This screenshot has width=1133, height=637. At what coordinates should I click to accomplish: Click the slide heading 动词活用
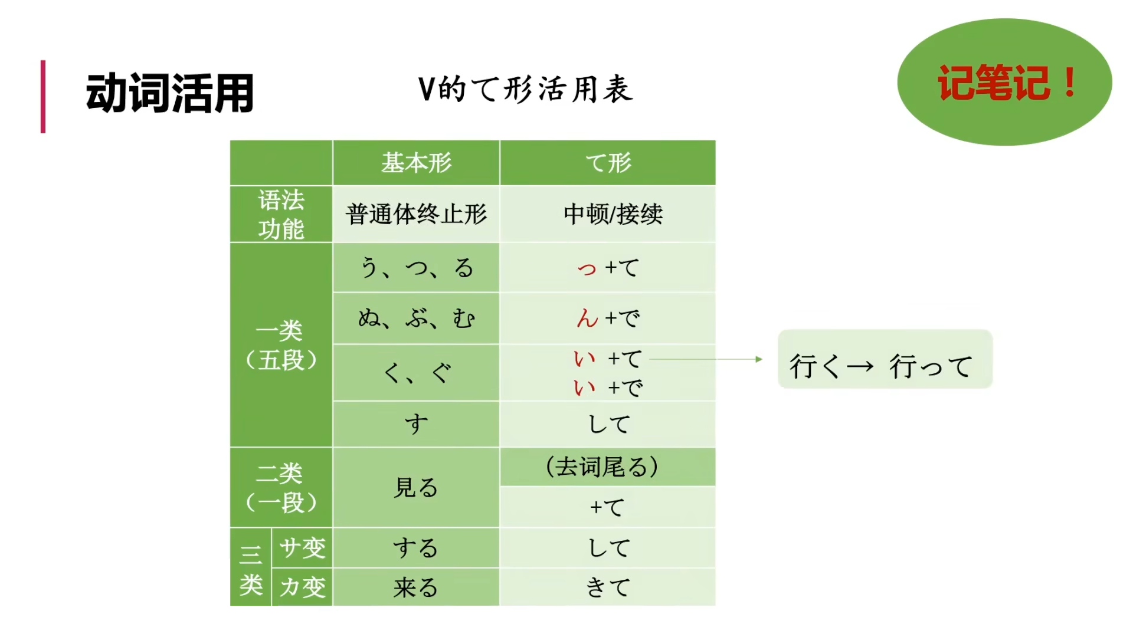pos(170,94)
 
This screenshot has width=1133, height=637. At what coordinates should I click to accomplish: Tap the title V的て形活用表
pos(525,90)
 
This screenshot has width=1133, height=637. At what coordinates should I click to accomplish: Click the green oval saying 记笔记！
pos(1004,82)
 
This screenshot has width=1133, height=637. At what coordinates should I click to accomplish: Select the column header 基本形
pos(416,163)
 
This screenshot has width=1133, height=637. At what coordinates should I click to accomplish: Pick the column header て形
pos(608,163)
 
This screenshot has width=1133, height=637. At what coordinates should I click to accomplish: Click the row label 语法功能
pos(281,214)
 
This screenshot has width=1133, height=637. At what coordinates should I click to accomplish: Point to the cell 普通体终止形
pos(416,214)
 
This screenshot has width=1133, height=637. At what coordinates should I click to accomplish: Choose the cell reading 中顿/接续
pos(613,214)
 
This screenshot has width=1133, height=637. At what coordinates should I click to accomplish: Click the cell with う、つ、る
pos(416,268)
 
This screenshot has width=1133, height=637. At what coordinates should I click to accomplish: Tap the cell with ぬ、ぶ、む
pos(416,318)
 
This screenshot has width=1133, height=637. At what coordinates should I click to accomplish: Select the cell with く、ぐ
pos(416,373)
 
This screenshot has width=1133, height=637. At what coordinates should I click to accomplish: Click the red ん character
pos(587,318)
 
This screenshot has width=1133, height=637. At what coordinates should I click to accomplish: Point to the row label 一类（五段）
pos(281,345)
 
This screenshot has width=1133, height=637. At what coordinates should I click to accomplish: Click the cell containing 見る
pos(416,488)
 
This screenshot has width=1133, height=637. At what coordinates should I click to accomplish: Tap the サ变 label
pos(302,547)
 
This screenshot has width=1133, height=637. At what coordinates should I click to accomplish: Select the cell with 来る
pos(416,587)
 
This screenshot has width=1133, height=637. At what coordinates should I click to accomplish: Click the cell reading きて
pos(608,587)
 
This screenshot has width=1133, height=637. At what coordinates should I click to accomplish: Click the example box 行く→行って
pos(885,360)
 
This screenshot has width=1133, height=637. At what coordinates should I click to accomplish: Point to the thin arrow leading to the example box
pos(705,359)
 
